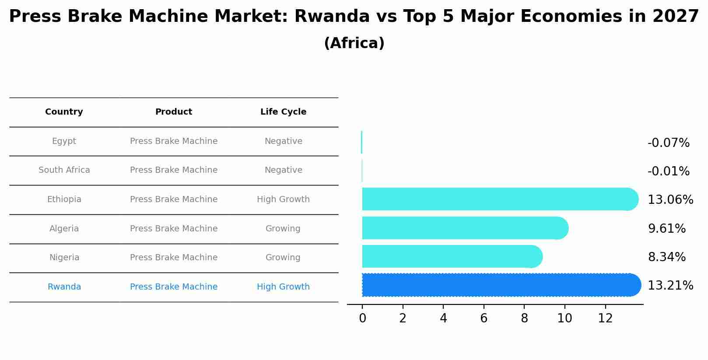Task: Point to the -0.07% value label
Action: coord(668,143)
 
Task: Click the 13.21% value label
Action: coord(670,286)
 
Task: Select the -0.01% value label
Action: coord(668,171)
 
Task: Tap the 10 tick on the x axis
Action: coord(564,318)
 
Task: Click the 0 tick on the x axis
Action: coord(362,318)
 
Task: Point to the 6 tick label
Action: coord(484,318)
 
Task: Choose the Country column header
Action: coord(64,112)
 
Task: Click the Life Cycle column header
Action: coord(283,112)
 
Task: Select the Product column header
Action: coord(174,112)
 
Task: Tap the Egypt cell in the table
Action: coord(64,141)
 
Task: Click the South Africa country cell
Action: coord(64,170)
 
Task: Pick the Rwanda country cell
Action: coord(64,287)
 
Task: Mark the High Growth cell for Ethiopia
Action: coord(283,199)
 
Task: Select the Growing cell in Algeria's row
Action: coord(283,229)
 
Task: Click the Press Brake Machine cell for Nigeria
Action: coord(174,258)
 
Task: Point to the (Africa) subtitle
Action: coord(354,43)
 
